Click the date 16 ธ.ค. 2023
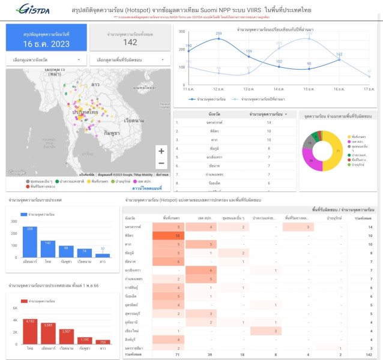[x=46, y=44]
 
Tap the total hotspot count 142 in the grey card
[x=130, y=42]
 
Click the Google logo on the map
[x=17, y=172]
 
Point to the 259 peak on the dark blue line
[x=219, y=38]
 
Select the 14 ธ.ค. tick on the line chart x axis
[x=279, y=89]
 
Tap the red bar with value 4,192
[x=29, y=332]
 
